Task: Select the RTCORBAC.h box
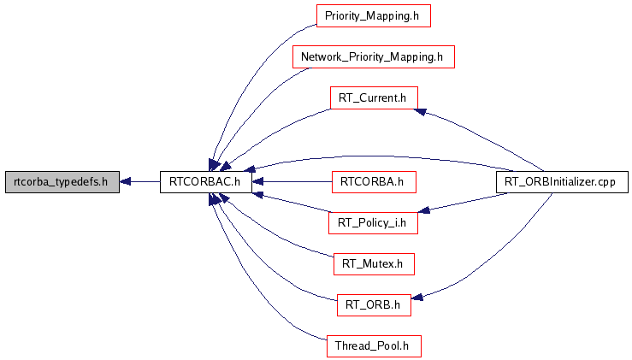pyautogui.click(x=205, y=181)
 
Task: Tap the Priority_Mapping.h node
pyautogui.click(x=373, y=16)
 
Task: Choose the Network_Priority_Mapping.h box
pyautogui.click(x=372, y=57)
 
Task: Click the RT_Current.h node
pyautogui.click(x=373, y=97)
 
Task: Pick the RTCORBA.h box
pyautogui.click(x=373, y=181)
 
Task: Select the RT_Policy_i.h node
pyautogui.click(x=373, y=223)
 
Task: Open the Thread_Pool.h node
pyautogui.click(x=373, y=346)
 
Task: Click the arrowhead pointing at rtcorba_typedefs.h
pyautogui.click(x=126, y=181)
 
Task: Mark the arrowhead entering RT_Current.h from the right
pyautogui.click(x=422, y=110)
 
